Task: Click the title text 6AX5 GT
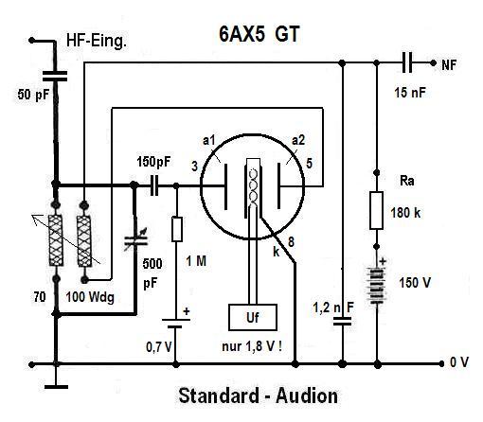[x=259, y=34]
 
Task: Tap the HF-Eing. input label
[x=97, y=41]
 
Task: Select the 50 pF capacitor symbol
[x=55, y=76]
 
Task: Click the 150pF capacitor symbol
[x=154, y=185]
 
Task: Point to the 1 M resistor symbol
[x=177, y=229]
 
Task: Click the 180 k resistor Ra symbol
[x=376, y=210]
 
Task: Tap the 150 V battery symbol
[x=377, y=285]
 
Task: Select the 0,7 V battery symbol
[x=176, y=324]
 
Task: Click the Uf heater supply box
[x=253, y=317]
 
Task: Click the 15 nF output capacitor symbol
[x=407, y=63]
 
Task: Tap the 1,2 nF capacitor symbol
[x=342, y=322]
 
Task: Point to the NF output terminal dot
[x=433, y=63]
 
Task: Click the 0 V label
[x=459, y=362]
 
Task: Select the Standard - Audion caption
[x=259, y=396]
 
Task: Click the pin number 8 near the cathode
[x=291, y=242]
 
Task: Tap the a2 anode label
[x=298, y=140]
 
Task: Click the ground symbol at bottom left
[x=56, y=387]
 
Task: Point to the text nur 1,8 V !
[x=252, y=346]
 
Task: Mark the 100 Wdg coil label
[x=90, y=297]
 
